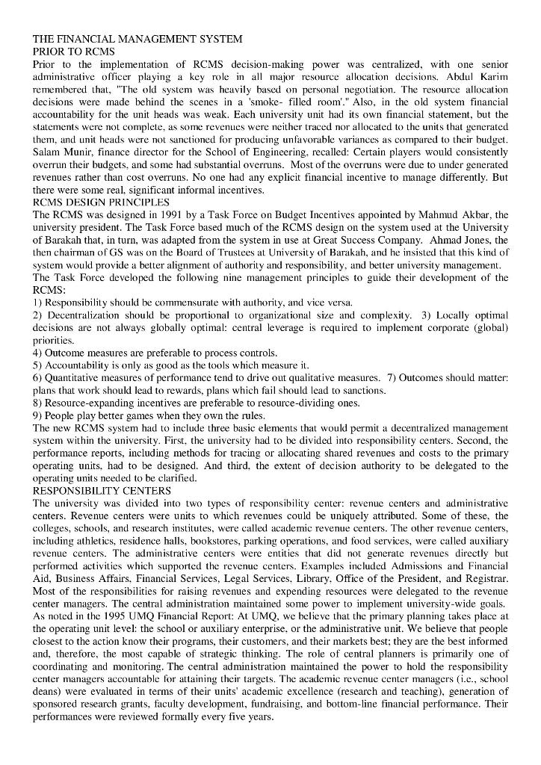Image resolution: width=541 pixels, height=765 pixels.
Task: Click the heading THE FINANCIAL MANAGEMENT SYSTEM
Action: pyautogui.click(x=137, y=38)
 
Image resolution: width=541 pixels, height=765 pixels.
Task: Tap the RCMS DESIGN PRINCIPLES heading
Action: pyautogui.click(x=101, y=202)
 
